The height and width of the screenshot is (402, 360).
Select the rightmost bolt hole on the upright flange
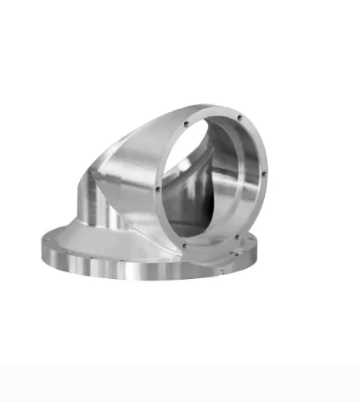(x=265, y=176)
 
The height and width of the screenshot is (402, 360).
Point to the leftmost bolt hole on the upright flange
(x=159, y=188)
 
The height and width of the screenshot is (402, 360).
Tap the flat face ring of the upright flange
(x=170, y=153)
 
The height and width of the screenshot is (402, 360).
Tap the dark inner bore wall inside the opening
(x=191, y=191)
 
